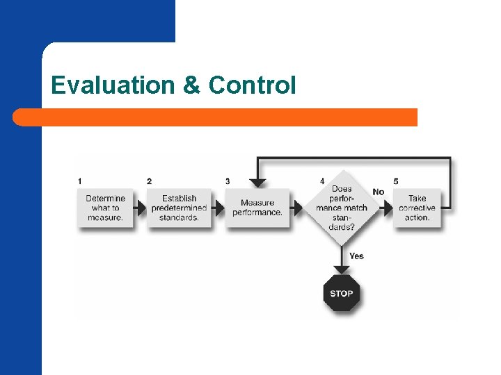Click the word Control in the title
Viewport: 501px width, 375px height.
(x=252, y=85)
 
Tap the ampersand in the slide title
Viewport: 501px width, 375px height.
(x=191, y=85)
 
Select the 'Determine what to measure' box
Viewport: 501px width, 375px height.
(x=105, y=208)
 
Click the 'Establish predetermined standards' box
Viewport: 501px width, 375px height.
(x=179, y=208)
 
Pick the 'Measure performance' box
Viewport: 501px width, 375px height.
(x=257, y=208)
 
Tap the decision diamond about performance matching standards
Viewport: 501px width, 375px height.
(x=342, y=207)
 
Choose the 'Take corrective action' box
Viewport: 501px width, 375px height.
(x=417, y=208)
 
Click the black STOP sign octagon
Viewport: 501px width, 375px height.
(x=342, y=293)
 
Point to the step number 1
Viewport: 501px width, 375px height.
(x=80, y=181)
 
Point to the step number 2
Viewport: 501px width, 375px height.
(x=149, y=181)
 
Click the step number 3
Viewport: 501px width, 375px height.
(x=228, y=181)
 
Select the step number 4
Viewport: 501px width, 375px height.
(x=322, y=181)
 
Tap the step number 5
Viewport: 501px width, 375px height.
(x=396, y=181)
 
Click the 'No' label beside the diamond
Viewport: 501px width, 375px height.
(x=379, y=192)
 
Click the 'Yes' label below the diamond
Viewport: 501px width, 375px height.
(x=356, y=256)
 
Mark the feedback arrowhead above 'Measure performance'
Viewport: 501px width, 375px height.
(x=257, y=183)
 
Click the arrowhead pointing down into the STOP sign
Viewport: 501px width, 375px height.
(x=342, y=268)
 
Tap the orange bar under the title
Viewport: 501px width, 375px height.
(x=216, y=117)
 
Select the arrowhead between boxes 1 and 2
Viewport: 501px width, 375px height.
(x=142, y=208)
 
